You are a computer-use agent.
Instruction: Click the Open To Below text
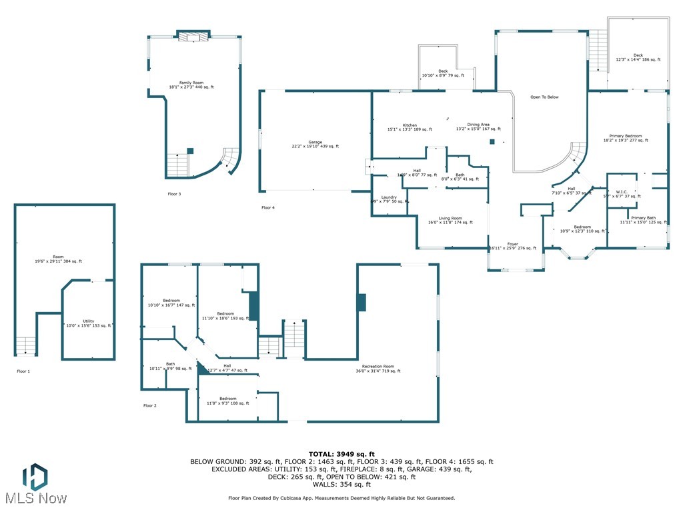click(544, 97)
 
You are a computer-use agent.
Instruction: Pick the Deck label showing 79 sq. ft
click(443, 73)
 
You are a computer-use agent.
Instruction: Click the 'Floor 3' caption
click(174, 194)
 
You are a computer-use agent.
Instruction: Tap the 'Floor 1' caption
click(23, 371)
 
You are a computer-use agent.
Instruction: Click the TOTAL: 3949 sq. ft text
click(341, 454)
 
